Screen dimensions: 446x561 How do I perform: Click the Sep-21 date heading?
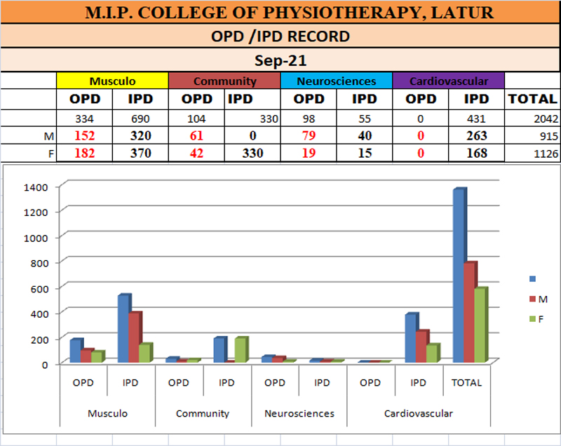[x=280, y=60]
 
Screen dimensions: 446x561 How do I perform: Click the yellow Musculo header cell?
[x=112, y=81]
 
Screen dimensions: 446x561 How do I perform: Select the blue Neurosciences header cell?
[x=336, y=81]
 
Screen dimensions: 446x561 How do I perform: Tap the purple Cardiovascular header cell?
[x=448, y=81]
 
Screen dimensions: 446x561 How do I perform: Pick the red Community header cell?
[x=224, y=81]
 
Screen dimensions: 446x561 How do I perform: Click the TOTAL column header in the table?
[x=532, y=99]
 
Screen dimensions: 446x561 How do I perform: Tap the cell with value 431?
[x=476, y=119]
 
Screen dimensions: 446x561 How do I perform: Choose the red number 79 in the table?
[x=309, y=136]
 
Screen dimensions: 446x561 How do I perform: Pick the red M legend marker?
[x=531, y=299]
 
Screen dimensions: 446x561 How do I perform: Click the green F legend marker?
[x=531, y=319]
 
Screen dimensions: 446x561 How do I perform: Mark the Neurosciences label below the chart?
[x=299, y=414]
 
